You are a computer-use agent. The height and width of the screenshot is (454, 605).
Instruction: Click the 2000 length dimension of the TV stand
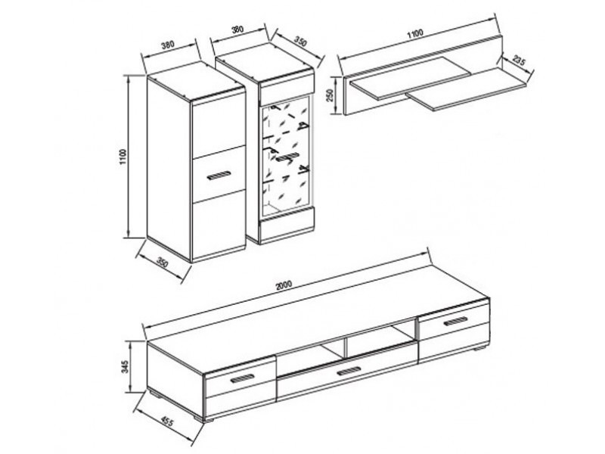[284, 285]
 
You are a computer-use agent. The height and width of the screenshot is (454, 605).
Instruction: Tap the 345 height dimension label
[124, 366]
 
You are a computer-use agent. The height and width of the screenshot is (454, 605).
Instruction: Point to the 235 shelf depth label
[519, 61]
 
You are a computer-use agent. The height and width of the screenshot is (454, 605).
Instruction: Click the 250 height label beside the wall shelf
[330, 96]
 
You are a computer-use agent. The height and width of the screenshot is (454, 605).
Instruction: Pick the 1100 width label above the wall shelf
[415, 33]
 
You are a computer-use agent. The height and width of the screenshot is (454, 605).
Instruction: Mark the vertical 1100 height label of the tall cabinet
[123, 157]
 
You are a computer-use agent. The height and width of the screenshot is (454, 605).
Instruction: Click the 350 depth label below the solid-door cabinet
[163, 263]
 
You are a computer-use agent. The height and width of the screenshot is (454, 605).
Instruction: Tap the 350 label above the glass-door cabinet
[300, 41]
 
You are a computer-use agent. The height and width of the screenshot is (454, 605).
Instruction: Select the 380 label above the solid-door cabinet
[167, 45]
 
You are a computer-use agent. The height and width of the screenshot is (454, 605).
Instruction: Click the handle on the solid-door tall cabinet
[219, 175]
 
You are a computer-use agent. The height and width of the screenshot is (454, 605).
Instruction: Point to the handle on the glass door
[287, 157]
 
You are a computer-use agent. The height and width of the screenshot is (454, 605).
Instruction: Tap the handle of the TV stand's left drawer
[242, 378]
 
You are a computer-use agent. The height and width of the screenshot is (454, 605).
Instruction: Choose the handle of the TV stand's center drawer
[349, 371]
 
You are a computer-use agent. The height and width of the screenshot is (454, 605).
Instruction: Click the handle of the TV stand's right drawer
[455, 321]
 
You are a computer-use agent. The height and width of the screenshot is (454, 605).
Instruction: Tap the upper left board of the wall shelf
[410, 78]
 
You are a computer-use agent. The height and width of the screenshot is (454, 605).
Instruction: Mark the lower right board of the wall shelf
[469, 89]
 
